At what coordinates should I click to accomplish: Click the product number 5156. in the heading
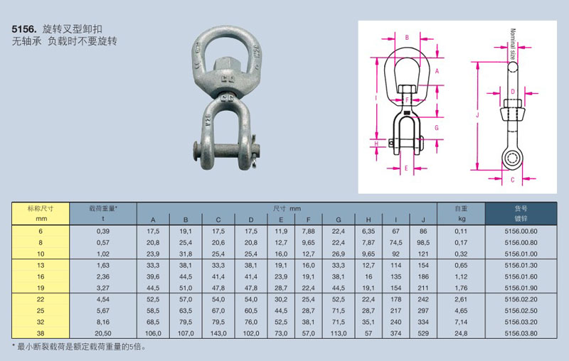pos(24,29)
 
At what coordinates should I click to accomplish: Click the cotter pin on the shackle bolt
pos(255,159)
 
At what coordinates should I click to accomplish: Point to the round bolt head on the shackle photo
pos(196,151)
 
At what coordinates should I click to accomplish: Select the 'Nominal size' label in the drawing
pos(512,44)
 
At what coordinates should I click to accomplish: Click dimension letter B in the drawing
pos(407,38)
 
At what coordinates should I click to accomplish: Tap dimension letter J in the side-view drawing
pos(477,115)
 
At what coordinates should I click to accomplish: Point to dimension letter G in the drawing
pos(436,128)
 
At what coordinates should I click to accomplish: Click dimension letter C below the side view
pos(512,179)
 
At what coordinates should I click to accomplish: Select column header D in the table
pos(251,220)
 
